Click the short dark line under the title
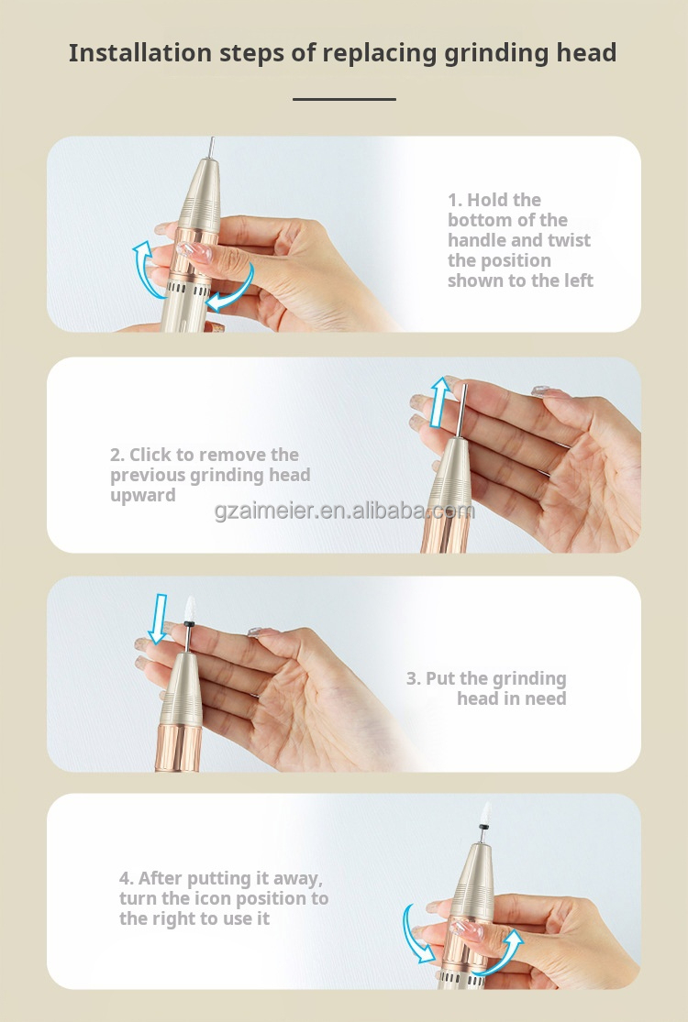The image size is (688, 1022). pos(344,99)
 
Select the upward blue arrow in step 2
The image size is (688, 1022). pos(440,401)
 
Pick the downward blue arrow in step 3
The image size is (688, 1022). pos(157,619)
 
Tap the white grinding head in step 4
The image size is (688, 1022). pos(484,813)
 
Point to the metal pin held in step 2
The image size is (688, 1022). pos(461,412)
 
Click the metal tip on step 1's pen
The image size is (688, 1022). pos(211,148)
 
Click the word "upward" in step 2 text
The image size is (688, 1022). pos(143,496)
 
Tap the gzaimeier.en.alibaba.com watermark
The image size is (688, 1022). pos(344,511)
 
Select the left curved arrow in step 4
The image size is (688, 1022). pos(415,933)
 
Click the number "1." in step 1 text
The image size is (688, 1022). pos(455,200)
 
